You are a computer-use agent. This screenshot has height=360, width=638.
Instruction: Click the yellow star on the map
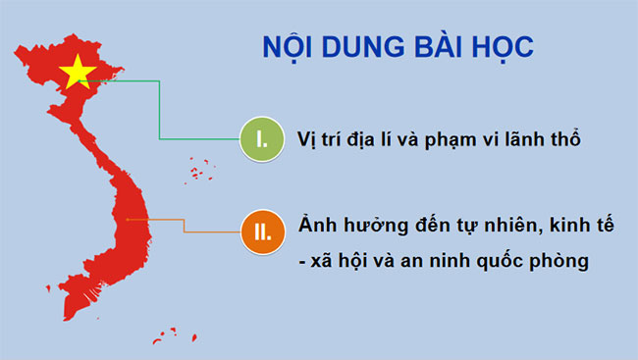[78, 72]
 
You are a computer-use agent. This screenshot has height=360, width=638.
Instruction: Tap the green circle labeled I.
[261, 138]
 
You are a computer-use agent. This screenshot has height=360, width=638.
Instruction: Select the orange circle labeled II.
[261, 232]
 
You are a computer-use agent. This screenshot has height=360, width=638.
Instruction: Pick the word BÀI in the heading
[433, 46]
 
